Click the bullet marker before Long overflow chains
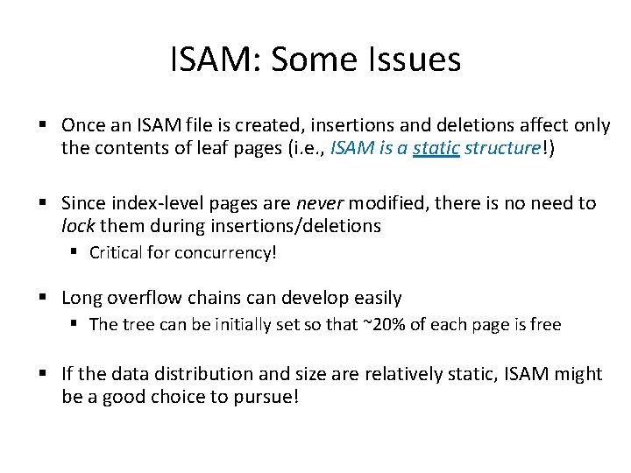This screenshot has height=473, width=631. [x=44, y=299]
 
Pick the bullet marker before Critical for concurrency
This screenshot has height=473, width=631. [x=76, y=254]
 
